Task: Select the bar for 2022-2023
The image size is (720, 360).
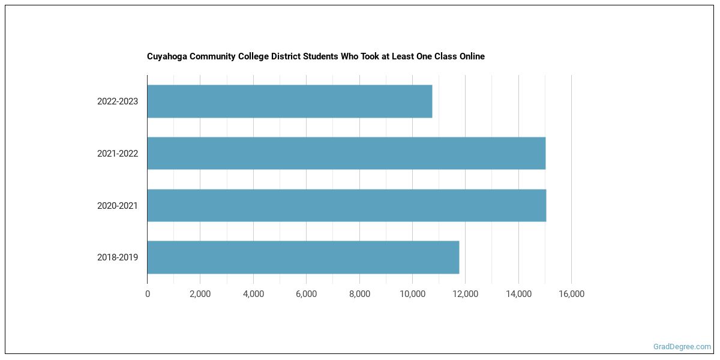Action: pos(289,101)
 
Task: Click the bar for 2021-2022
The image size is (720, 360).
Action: pos(346,154)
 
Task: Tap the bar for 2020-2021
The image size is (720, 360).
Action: pos(346,206)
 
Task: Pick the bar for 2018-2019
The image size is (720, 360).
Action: pos(303,257)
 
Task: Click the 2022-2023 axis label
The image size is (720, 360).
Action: pos(118,101)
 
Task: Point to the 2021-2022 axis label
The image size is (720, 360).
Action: pos(118,154)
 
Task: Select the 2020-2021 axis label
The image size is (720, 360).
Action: pos(118,206)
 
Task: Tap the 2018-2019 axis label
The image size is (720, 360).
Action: pos(118,257)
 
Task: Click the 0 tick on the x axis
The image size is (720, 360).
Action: pos(148,294)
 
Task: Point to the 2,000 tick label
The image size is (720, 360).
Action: pos(200,294)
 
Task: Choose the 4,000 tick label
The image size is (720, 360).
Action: pos(253,294)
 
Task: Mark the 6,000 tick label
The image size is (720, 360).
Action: pos(306,294)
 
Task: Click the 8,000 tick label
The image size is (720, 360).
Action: pos(359,294)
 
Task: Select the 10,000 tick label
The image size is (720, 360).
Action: pos(412,294)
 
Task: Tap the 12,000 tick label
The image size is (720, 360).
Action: pos(465,294)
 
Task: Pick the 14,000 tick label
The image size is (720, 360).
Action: pos(518,294)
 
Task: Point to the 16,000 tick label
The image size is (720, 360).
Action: pos(571,294)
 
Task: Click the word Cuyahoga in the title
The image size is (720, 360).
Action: pos(166,56)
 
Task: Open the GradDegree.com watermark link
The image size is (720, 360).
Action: pos(682,347)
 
